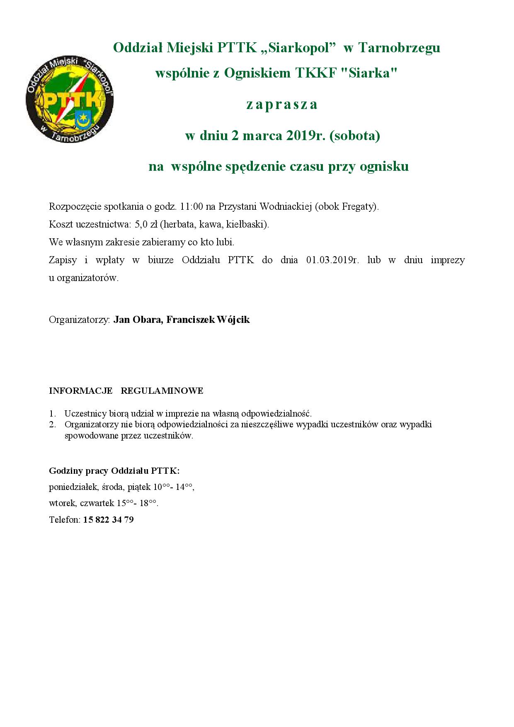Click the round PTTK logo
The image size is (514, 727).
click(69, 100)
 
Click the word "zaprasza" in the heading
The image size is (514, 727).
click(282, 104)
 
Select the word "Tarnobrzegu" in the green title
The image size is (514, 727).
click(399, 48)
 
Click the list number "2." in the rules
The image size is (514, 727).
click(52, 424)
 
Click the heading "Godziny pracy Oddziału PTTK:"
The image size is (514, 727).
click(114, 471)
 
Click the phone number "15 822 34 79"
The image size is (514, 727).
click(108, 520)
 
